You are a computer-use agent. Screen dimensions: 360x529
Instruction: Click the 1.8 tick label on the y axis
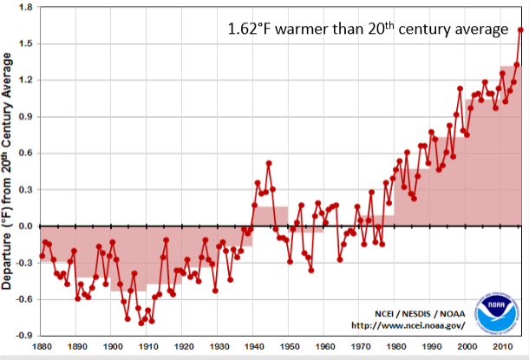24,7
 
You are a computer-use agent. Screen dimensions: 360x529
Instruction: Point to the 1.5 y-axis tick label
24,43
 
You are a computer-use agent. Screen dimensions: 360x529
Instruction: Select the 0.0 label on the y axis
24,226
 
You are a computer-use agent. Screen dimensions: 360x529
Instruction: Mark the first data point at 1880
42,256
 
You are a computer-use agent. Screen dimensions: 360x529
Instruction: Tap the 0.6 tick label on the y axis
24,154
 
